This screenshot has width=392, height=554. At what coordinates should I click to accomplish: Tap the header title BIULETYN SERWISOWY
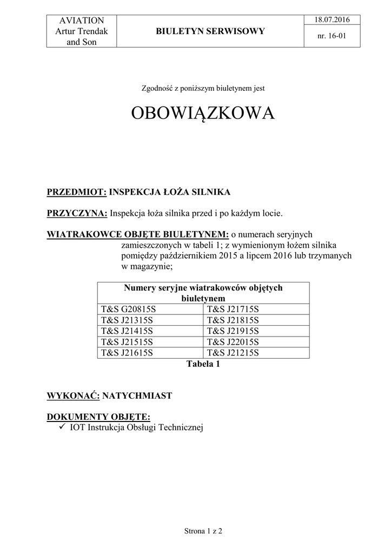pyautogui.click(x=210, y=31)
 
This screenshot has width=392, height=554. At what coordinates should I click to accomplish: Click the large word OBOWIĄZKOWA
pyautogui.click(x=203, y=114)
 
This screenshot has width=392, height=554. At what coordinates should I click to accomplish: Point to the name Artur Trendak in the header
pyautogui.click(x=82, y=31)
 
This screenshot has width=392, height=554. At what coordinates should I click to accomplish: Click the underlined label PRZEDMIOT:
pyautogui.click(x=77, y=192)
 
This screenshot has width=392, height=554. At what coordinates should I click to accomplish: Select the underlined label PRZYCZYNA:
pyautogui.click(x=77, y=213)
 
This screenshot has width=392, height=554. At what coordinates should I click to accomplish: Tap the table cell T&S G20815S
pyautogui.click(x=127, y=309)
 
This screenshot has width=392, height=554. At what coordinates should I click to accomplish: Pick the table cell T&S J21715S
pyautogui.click(x=233, y=309)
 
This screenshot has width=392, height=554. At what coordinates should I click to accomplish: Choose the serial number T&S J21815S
pyautogui.click(x=233, y=320)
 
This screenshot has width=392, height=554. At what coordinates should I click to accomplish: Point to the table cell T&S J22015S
pyautogui.click(x=233, y=342)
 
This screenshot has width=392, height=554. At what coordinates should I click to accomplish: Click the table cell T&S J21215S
pyautogui.click(x=233, y=353)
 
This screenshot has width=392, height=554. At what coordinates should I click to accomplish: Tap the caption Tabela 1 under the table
pyautogui.click(x=203, y=364)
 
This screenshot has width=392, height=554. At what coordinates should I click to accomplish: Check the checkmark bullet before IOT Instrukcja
pyautogui.click(x=62, y=427)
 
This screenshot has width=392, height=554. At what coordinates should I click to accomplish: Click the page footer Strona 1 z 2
pyautogui.click(x=203, y=531)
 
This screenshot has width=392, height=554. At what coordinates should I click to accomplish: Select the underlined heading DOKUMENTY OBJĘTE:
pyautogui.click(x=98, y=417)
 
